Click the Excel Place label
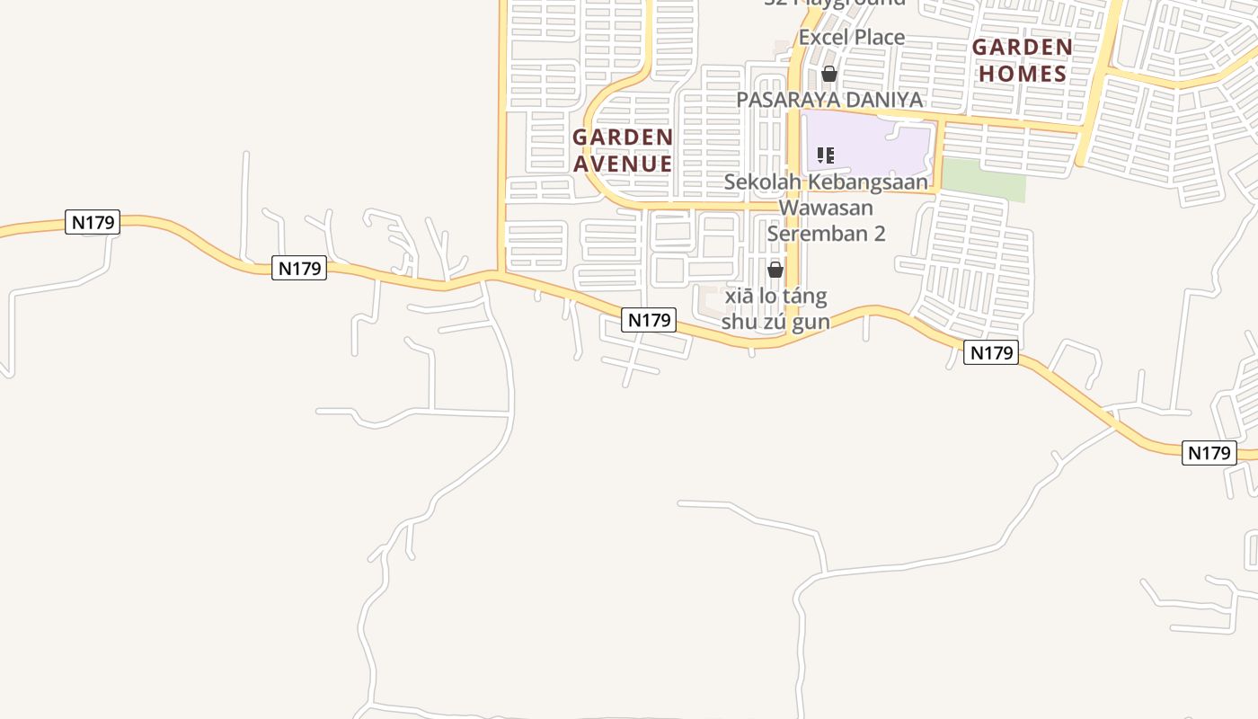[x=851, y=38]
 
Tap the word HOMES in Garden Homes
[x=1022, y=74]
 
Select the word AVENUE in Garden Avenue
[x=623, y=164]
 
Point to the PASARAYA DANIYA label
[x=829, y=100]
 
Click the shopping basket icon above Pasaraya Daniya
[x=829, y=74]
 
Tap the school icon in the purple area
[x=826, y=155]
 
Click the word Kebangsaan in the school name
[x=867, y=182]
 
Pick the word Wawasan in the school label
[x=826, y=208]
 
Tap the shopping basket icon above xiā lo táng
[x=775, y=270]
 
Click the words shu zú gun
[x=775, y=322]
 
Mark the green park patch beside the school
[x=983, y=180]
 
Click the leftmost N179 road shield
[x=93, y=222]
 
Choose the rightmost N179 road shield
[x=1209, y=453]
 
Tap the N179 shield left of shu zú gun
[x=648, y=320]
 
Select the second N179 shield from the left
[x=299, y=268]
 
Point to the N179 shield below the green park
[x=991, y=353]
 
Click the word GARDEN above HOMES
[x=1022, y=47]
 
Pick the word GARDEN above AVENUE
[x=623, y=138]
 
